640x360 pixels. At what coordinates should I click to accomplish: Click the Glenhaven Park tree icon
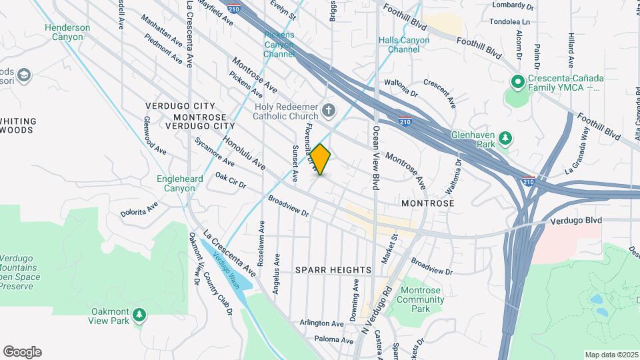click(507, 138)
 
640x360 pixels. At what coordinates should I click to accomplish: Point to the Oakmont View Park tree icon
click(139, 313)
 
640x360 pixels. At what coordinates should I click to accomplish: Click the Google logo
click(22, 352)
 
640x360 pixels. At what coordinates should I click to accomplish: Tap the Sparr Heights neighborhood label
click(333, 270)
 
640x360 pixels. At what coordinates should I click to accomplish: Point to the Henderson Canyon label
click(64, 32)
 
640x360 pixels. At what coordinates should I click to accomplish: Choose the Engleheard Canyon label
click(176, 183)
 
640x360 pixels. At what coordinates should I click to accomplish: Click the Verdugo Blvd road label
click(576, 221)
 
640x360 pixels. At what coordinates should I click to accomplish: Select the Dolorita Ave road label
click(139, 209)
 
